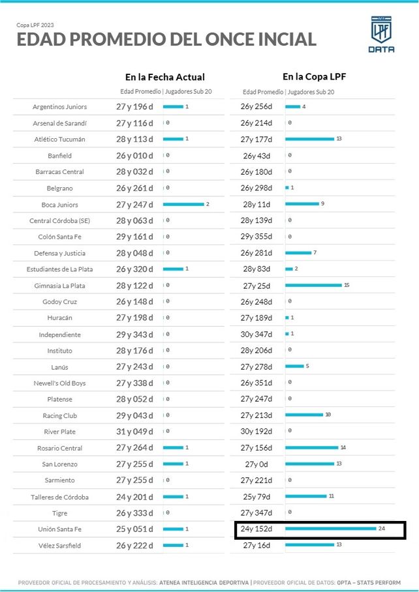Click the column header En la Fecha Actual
click(x=164, y=77)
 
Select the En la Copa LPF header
click(x=314, y=77)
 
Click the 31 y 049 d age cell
click(x=134, y=432)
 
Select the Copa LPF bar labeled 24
click(x=330, y=529)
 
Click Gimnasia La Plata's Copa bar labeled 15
click(x=313, y=286)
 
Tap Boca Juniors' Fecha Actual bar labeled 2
click(x=183, y=205)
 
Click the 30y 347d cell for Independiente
click(x=256, y=334)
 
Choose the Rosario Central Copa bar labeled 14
click(x=311, y=448)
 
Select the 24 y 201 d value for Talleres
click(x=134, y=497)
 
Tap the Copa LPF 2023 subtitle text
click(x=36, y=25)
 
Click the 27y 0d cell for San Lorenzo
click(x=256, y=464)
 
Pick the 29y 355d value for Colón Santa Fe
click(x=256, y=237)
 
